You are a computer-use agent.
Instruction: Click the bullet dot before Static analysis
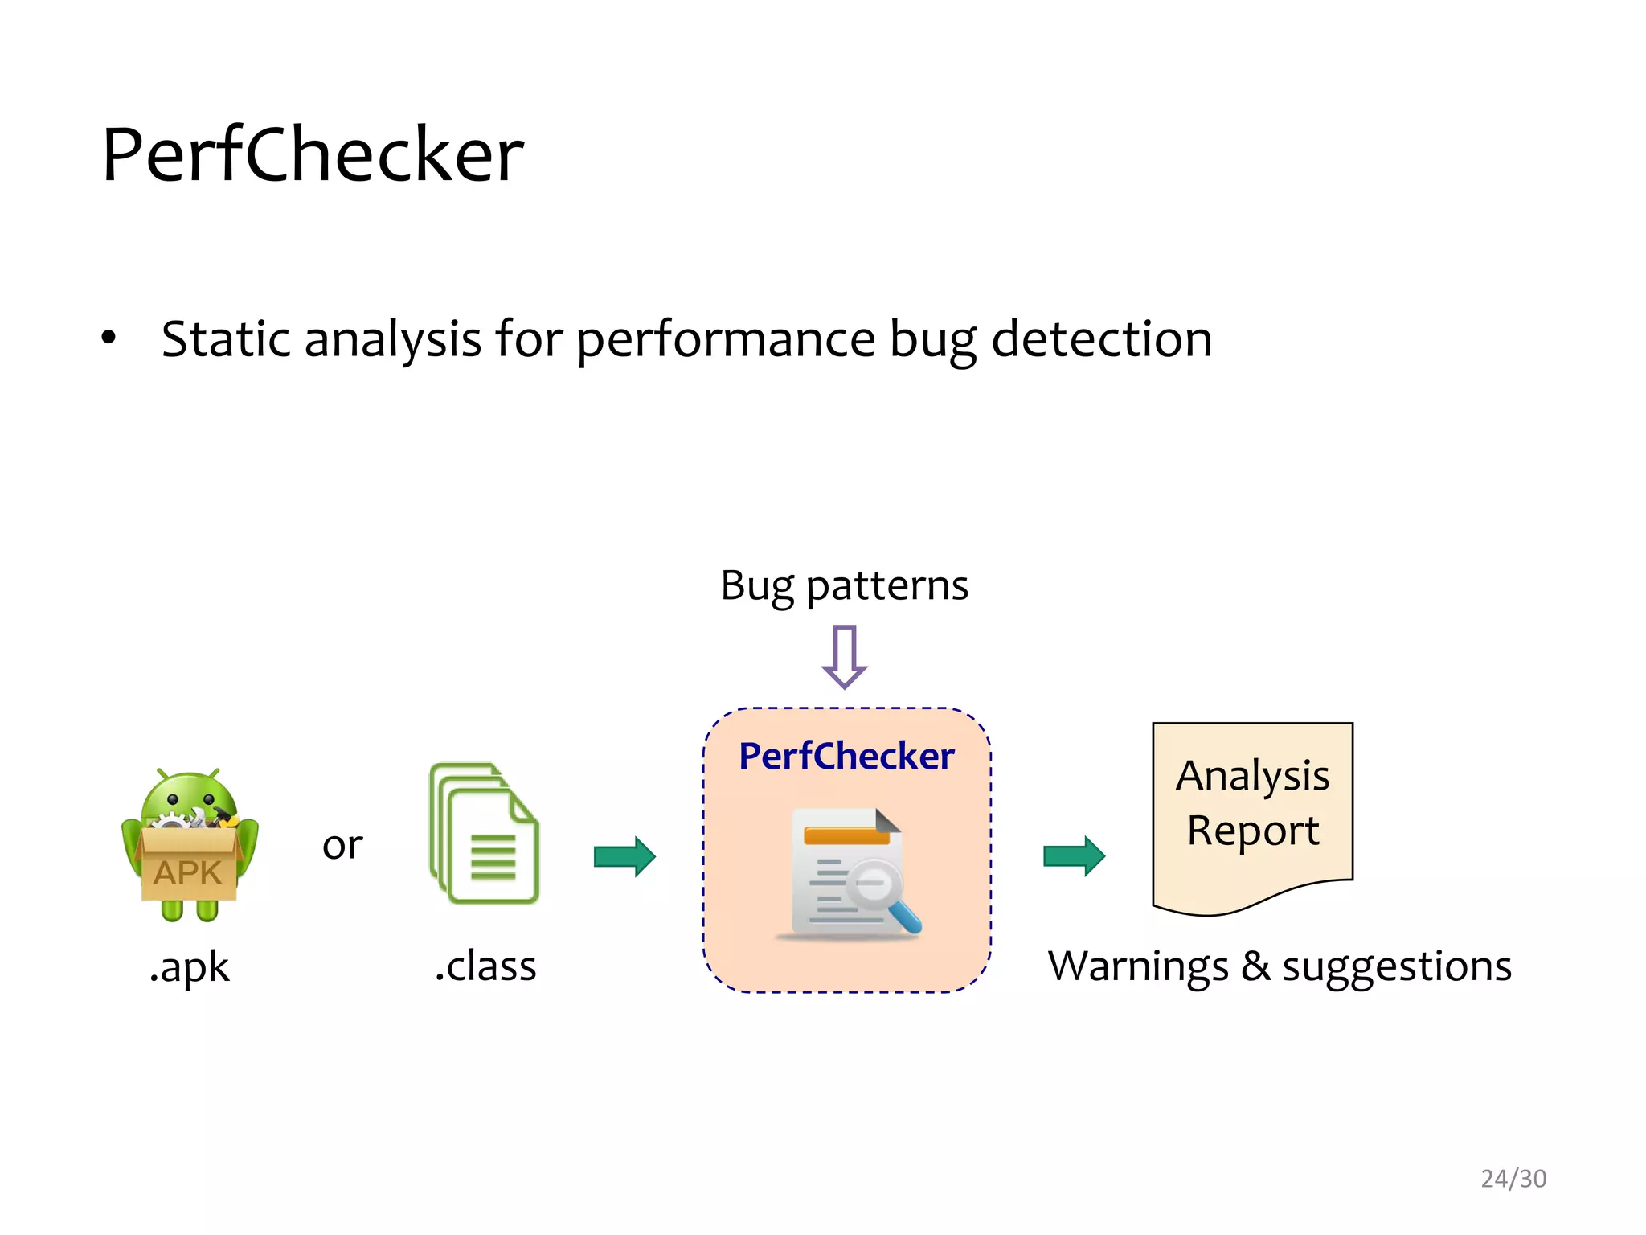click(109, 338)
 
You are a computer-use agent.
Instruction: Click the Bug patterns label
click(844, 585)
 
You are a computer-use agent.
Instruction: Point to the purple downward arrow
click(845, 656)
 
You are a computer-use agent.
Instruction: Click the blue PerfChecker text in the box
click(846, 756)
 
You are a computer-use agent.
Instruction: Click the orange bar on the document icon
click(846, 836)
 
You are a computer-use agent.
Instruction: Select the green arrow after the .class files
click(624, 856)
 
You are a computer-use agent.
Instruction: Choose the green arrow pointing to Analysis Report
click(1074, 856)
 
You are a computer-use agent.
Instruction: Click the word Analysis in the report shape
click(1252, 776)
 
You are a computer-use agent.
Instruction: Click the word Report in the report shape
click(1252, 831)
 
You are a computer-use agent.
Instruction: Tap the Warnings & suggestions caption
click(1280, 966)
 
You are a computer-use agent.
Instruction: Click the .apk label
click(190, 967)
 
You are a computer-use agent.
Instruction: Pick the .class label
click(485, 966)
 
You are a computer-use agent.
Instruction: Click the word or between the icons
click(342, 845)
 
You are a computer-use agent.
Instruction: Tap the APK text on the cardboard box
click(187, 873)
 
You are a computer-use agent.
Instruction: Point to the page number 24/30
click(1513, 1179)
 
